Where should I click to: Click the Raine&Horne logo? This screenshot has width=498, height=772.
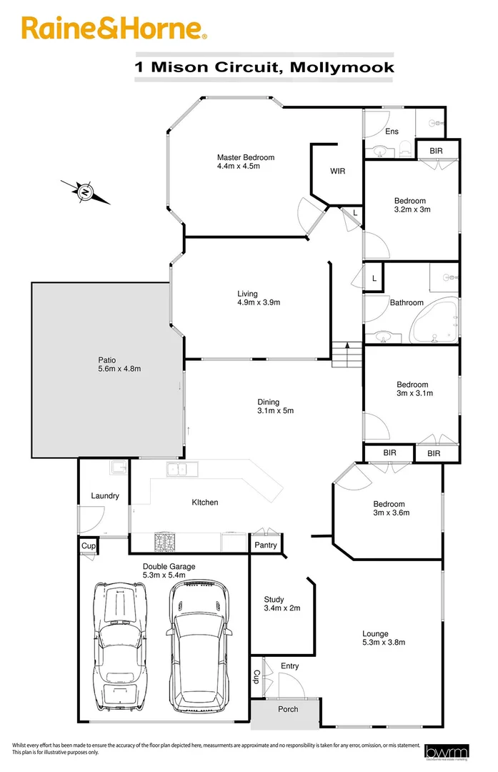[114, 29]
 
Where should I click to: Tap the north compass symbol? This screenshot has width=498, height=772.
[86, 192]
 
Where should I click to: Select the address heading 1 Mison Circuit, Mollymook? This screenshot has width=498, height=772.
[264, 67]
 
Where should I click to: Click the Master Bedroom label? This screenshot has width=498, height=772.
[246, 158]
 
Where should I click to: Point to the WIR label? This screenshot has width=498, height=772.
[338, 172]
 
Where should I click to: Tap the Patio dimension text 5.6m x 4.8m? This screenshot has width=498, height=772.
[119, 369]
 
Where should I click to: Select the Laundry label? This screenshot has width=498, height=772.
[105, 496]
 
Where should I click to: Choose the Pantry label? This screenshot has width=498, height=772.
[267, 545]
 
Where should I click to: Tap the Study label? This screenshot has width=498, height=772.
[274, 600]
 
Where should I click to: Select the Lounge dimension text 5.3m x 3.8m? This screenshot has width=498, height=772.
[384, 643]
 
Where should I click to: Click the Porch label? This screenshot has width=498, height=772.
[288, 710]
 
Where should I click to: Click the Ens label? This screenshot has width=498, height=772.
[392, 132]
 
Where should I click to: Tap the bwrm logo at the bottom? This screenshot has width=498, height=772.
[441, 751]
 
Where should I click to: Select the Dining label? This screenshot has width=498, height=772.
[269, 402]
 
